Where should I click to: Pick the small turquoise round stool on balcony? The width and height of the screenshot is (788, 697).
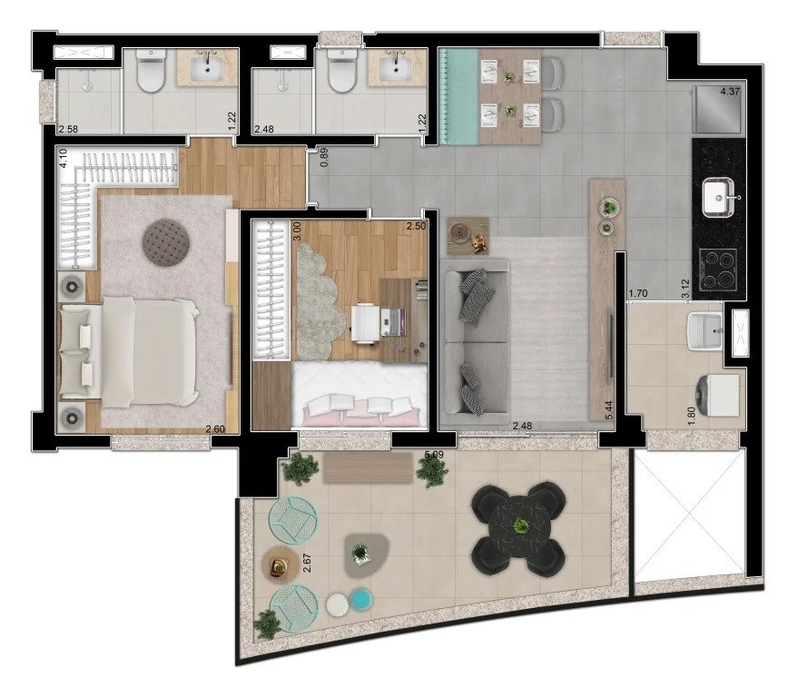point(361,599)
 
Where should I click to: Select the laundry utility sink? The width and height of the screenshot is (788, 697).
point(704,328)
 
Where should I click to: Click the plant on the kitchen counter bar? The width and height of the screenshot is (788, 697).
point(607,208)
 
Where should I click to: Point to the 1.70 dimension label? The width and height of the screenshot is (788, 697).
point(636,294)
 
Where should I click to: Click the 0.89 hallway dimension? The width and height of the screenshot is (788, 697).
point(324,159)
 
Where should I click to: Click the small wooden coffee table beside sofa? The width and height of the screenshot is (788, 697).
point(466,233)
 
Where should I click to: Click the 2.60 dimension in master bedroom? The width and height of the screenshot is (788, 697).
point(215,430)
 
